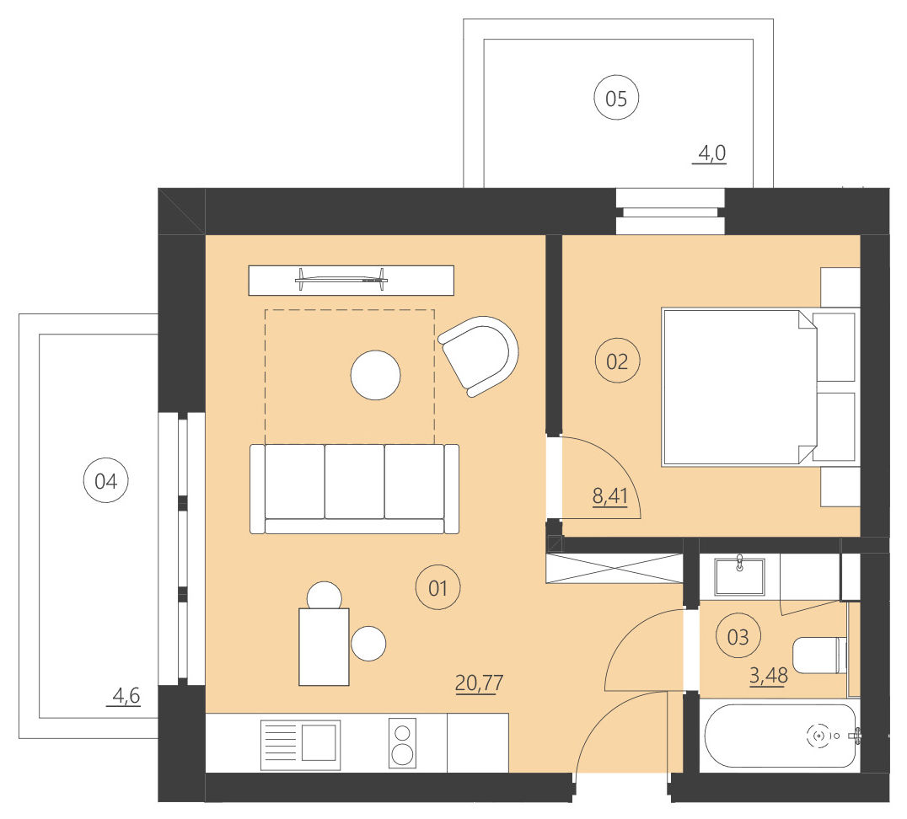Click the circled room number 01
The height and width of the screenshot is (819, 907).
click(x=437, y=588)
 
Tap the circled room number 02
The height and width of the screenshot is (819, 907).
click(x=617, y=361)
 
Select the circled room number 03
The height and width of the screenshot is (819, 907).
click(x=738, y=637)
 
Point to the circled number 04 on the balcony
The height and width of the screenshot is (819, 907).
click(x=106, y=481)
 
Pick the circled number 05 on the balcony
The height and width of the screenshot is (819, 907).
click(x=616, y=99)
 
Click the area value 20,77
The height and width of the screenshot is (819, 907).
click(x=479, y=682)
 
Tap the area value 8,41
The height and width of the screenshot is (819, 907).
click(x=610, y=495)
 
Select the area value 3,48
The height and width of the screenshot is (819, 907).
click(x=767, y=676)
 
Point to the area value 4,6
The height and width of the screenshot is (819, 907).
click(x=126, y=696)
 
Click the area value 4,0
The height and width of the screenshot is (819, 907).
click(x=710, y=154)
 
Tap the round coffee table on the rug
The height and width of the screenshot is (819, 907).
click(x=375, y=375)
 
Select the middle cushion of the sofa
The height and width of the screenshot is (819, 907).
click(x=354, y=482)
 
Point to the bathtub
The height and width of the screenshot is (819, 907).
click(x=781, y=736)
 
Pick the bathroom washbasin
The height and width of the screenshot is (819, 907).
click(x=739, y=575)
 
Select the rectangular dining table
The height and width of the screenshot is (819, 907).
click(x=325, y=646)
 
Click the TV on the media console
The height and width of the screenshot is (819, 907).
click(x=341, y=277)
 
